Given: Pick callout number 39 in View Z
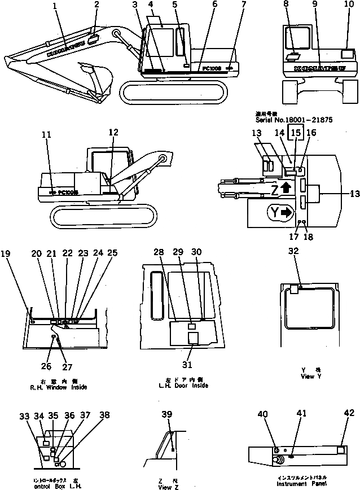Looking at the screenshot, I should click(x=167, y=415).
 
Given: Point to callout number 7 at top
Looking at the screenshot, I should click(x=243, y=6).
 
